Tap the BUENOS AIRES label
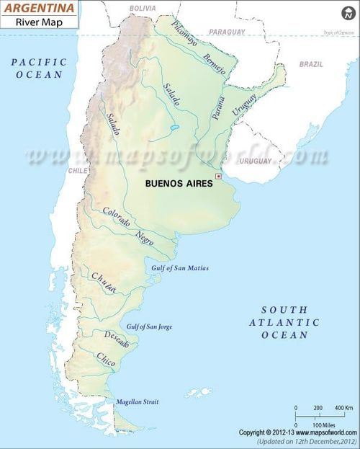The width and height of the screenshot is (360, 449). pos(179,183)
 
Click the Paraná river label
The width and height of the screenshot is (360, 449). pos(219,107)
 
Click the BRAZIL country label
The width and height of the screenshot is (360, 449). pos(311,64)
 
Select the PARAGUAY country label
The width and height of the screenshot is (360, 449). pos(227,32)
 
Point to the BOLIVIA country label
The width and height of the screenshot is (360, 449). pos(142,7)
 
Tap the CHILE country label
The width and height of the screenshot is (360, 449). pos(77,171)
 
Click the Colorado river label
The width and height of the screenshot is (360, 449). pos(116,218)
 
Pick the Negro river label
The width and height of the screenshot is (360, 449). pos(145,238)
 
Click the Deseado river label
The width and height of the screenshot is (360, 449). pos(116,339)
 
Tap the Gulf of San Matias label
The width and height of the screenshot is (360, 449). pos(180,268)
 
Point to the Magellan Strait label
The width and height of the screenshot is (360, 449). pos(137,401)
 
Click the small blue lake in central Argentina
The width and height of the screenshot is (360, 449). pos(174,130)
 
